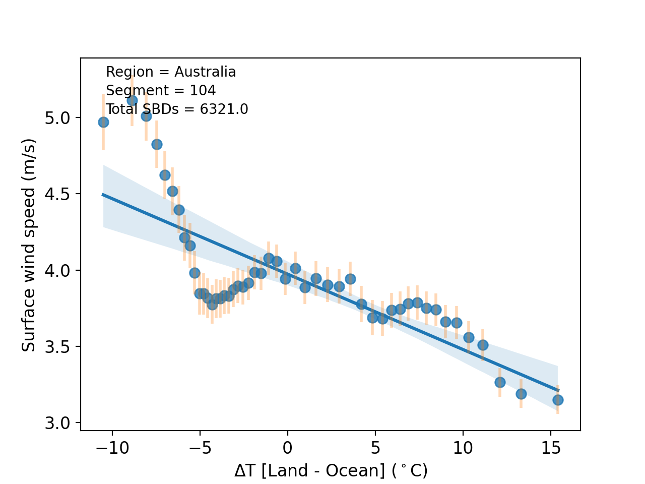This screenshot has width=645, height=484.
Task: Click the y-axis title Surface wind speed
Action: click(29, 245)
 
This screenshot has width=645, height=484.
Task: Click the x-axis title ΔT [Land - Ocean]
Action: click(331, 470)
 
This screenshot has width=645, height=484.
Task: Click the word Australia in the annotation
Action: click(205, 72)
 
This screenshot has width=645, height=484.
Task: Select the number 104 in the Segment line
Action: click(203, 91)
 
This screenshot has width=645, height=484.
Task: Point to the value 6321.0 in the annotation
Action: click(224, 109)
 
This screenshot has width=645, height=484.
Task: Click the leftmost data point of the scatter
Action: click(103, 122)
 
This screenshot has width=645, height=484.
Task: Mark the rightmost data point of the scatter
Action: click(558, 400)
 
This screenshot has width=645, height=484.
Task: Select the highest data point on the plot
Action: click(132, 100)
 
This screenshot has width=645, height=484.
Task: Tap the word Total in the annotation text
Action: click(118, 109)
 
